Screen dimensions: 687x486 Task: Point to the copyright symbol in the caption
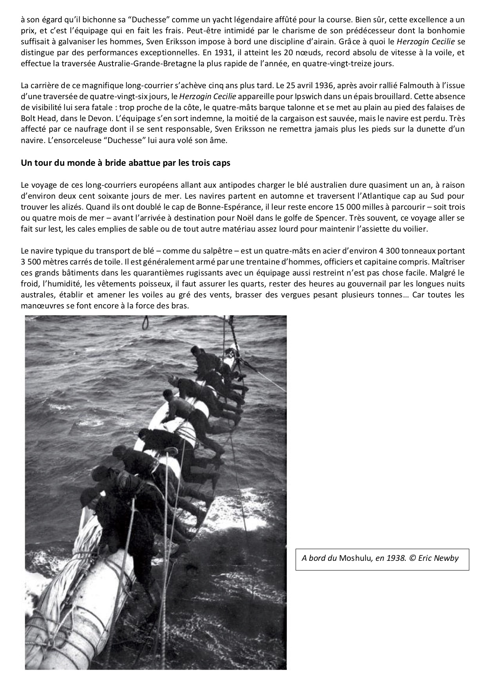(412, 558)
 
